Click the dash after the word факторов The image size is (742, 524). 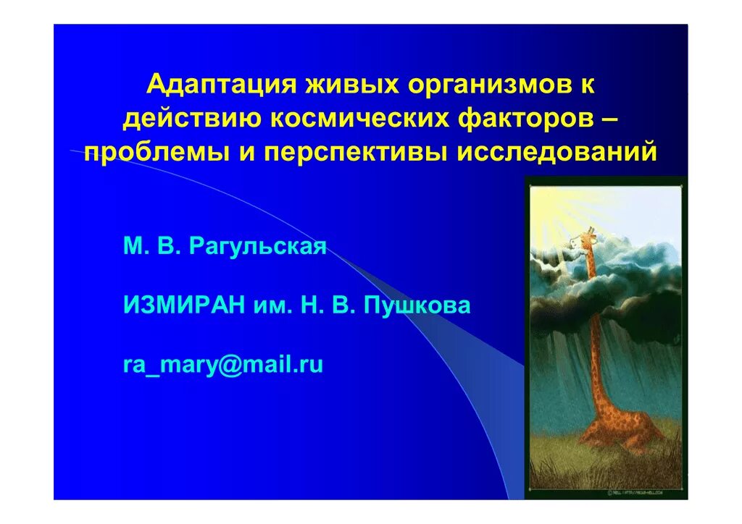point(609,119)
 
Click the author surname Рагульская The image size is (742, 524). point(258,248)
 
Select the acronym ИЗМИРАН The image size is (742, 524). point(184,305)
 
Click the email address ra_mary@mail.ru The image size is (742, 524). point(222,365)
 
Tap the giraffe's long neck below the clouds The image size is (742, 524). point(594,347)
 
